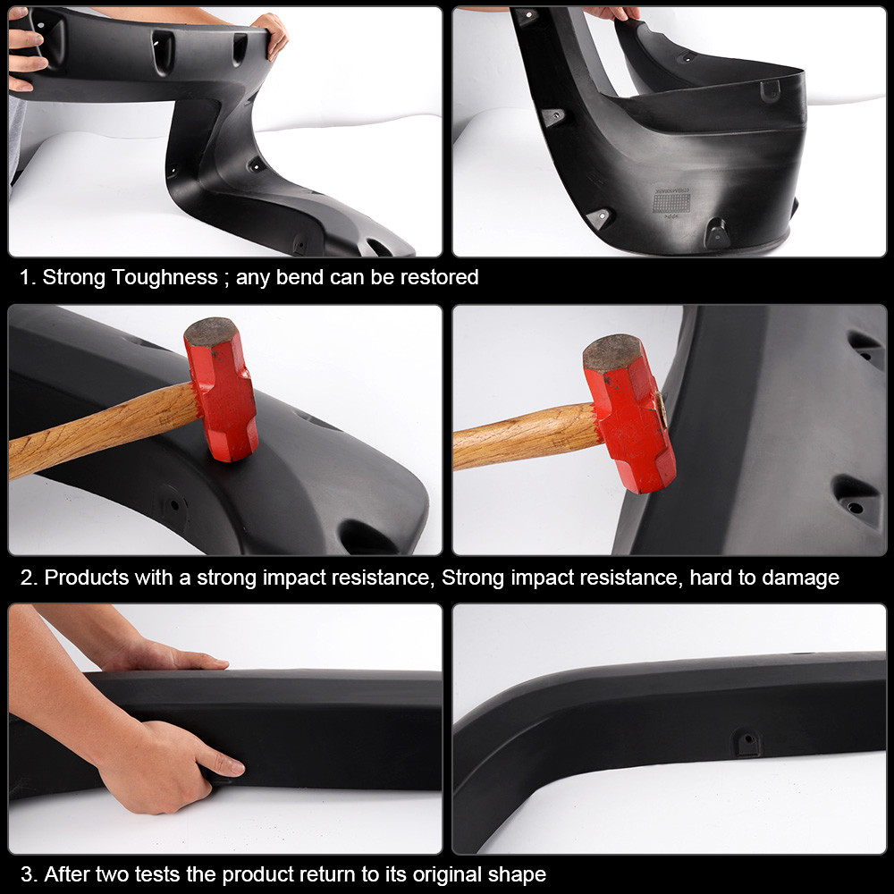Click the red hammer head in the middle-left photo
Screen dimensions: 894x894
point(221,391)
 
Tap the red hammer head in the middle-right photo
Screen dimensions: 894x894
point(629,413)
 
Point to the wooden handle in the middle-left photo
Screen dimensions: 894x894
point(98,427)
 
